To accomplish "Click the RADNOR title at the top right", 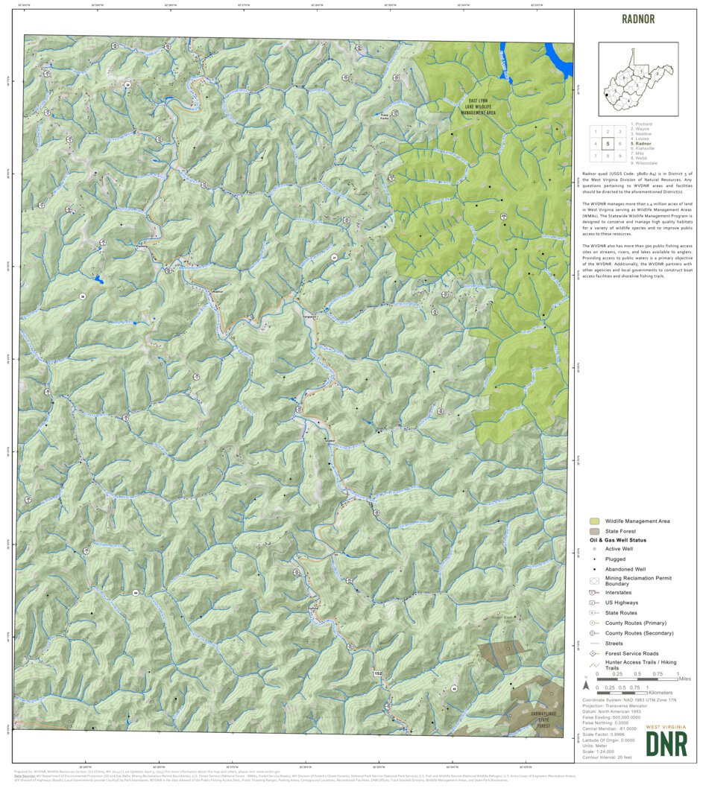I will coord(637,19).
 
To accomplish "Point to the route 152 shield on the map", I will coord(378,673).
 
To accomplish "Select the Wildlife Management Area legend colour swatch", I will coord(595,521).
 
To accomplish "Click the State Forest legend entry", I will coord(620,530).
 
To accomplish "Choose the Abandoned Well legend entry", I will coord(625,569).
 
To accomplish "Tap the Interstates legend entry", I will coord(622,592).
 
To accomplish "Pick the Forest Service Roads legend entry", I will coord(631,653).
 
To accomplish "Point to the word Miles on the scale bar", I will coord(684,679).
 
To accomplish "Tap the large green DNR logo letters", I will coord(666,743).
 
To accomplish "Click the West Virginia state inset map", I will coord(637,78).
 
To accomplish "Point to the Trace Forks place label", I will coord(385,116).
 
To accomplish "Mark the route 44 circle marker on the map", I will coord(135,593).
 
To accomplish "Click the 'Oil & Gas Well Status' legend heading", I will coord(618,540).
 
